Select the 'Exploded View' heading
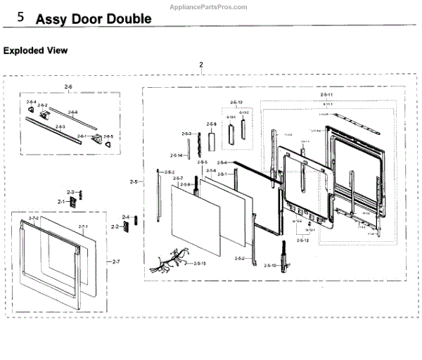tap(36, 51)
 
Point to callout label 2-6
tap(68, 86)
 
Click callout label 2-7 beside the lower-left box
tap(117, 261)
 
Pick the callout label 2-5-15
tap(199, 263)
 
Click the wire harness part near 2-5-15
tap(170, 262)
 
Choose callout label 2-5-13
tap(236, 103)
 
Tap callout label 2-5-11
tap(326, 94)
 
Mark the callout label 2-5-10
tap(271, 265)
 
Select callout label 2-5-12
tap(302, 240)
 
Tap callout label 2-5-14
tap(176, 155)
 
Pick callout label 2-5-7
tap(179, 178)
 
